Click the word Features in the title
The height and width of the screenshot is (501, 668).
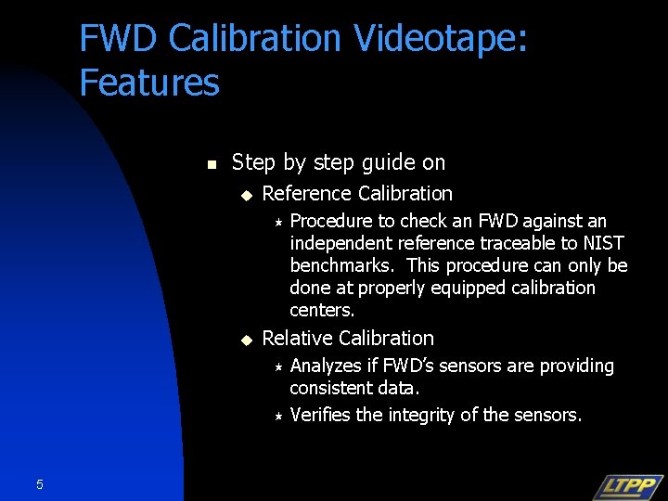coord(149,83)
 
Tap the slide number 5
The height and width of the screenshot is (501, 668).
coord(39,483)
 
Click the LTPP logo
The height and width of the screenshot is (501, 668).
coord(627,486)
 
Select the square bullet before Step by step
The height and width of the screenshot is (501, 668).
coord(211,164)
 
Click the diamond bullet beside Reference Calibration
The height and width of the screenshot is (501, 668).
coord(246,195)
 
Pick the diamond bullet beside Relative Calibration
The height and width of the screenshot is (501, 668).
coord(246,340)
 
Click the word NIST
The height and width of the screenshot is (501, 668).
coord(604,243)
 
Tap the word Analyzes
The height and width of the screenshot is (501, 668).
coord(327,366)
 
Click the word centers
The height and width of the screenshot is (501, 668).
coord(322,310)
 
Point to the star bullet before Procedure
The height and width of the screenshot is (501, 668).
coord(277,222)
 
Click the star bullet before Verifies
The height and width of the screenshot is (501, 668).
coord(277,416)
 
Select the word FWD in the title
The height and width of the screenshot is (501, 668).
coord(118,39)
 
